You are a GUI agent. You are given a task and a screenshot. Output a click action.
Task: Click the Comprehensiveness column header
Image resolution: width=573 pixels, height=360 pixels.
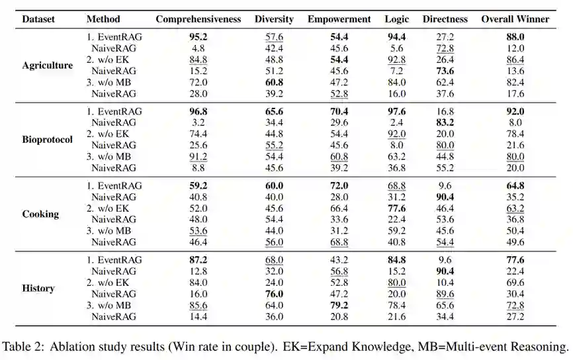(198, 19)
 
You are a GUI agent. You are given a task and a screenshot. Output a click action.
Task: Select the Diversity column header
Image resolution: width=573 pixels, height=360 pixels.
(275, 19)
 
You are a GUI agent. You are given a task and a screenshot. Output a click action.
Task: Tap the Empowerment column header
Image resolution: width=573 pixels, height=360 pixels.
(339, 19)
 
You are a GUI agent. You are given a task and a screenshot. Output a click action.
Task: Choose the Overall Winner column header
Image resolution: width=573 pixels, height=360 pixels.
(515, 19)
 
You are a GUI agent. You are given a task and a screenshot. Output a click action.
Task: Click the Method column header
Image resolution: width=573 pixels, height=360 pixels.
(103, 19)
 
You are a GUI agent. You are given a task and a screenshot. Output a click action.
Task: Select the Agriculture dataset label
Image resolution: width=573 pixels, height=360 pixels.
(47, 66)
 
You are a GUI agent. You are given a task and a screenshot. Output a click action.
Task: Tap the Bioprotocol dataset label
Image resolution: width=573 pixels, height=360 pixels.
(47, 140)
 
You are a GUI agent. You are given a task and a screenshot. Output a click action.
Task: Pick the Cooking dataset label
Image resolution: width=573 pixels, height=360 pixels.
(40, 214)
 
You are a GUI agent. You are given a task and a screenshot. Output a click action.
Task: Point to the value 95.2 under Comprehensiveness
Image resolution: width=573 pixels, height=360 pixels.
(198, 37)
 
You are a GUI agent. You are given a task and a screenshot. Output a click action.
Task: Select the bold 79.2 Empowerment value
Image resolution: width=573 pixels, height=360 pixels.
(339, 306)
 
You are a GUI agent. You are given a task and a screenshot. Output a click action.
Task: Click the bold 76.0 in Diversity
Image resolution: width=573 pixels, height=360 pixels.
(275, 294)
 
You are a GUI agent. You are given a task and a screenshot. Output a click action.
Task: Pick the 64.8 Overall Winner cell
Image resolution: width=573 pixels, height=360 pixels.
(515, 186)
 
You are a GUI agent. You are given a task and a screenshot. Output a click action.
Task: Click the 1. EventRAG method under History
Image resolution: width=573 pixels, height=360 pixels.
(114, 260)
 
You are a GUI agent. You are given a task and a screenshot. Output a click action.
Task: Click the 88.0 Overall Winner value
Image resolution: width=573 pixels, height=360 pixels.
(515, 37)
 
